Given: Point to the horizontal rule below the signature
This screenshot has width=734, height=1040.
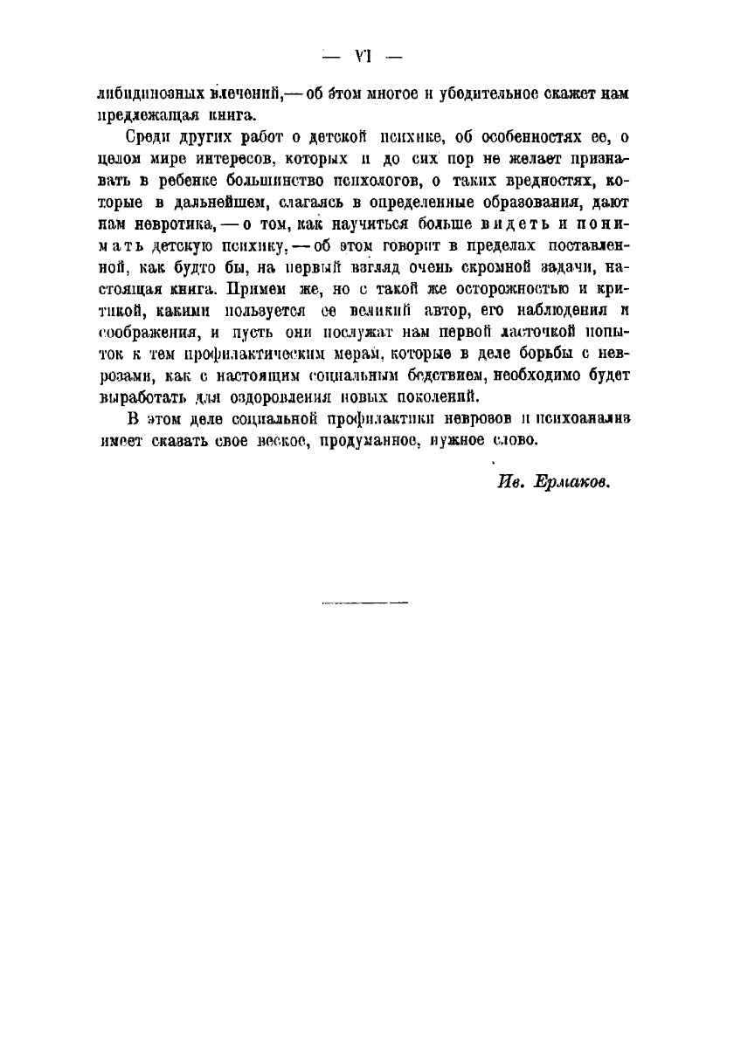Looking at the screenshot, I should click(365, 602).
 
